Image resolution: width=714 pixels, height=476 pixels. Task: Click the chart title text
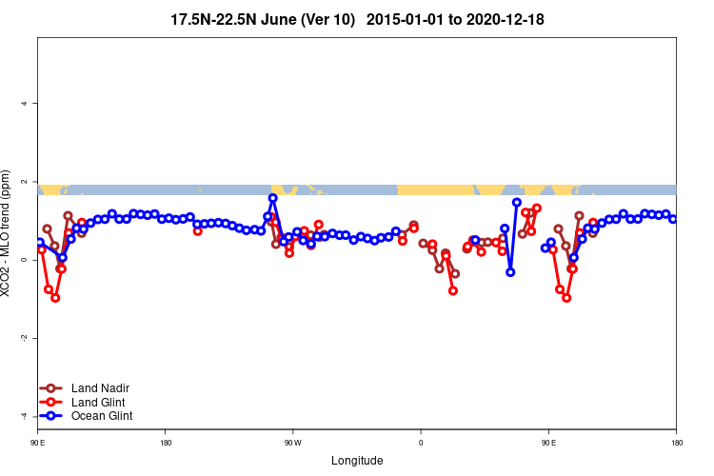coord(357,19)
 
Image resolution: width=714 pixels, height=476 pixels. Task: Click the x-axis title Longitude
coord(357,461)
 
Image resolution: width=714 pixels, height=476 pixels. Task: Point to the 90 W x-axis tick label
coord(292,442)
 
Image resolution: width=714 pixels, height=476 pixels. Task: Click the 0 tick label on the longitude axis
coord(420,442)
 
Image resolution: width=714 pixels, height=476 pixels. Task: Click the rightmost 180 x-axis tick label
coord(676,442)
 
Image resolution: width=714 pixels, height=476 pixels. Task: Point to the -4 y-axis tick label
coord(24,416)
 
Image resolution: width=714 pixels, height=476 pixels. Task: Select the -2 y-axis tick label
coord(24,338)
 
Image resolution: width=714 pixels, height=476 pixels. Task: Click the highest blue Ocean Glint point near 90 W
coord(273,198)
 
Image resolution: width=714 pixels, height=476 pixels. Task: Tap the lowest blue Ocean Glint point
coord(510,272)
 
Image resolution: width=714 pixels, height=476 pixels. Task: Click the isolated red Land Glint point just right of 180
coord(197,230)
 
